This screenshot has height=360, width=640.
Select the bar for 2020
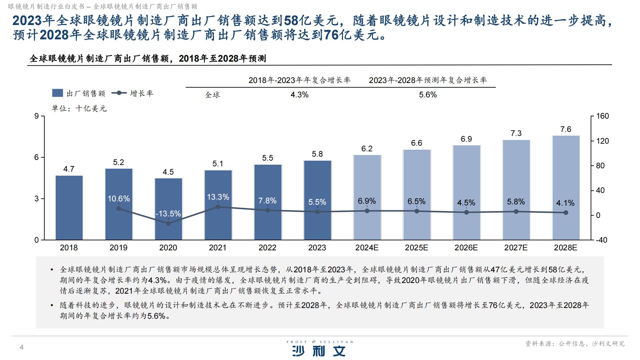[168, 200]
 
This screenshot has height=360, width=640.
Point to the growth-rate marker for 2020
[168, 223]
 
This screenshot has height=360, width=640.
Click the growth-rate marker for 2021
[218, 207]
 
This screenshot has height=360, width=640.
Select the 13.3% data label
[218, 197]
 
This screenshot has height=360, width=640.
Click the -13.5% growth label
[168, 214]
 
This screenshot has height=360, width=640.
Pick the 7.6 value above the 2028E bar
[566, 129]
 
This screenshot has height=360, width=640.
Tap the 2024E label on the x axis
[367, 248]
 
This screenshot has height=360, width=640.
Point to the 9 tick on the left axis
[37, 116]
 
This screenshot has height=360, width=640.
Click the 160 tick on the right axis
[602, 116]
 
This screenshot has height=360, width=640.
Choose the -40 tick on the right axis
[601, 240]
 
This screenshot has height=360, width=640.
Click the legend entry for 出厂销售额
[79, 93]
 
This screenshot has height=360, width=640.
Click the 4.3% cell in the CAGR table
[299, 95]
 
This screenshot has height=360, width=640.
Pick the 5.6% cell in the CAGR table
[428, 95]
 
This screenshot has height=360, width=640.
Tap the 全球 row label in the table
[212, 95]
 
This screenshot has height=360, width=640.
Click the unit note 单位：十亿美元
[79, 109]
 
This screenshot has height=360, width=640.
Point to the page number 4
[22, 347]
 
